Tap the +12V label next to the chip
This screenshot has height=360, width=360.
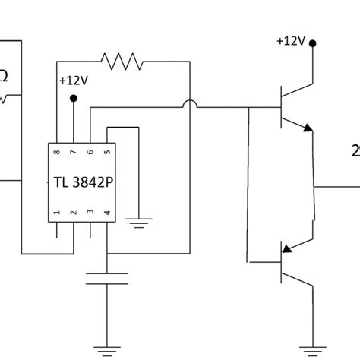tap(72, 80)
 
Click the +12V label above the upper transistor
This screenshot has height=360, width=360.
tap(291, 40)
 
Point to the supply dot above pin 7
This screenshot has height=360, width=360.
tap(74, 98)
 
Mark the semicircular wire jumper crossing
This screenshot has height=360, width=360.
tap(188, 106)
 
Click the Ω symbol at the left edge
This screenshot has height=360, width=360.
tap(4, 76)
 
